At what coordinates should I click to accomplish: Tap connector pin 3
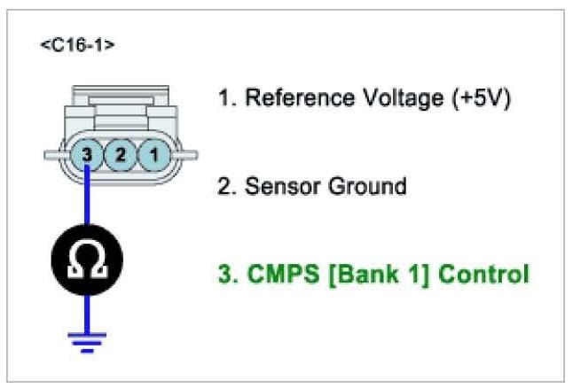point(86,155)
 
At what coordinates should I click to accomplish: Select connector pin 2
point(120,155)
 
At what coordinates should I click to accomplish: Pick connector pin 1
point(153,155)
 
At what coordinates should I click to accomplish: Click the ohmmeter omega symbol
point(86,260)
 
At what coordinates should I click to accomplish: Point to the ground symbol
point(86,340)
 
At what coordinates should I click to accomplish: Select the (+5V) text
point(478,97)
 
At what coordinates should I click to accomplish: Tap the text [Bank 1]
point(379,275)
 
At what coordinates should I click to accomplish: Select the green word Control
point(483,275)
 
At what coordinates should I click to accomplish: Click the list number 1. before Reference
point(226,97)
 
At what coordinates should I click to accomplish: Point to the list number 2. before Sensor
point(226,187)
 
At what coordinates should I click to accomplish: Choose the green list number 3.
point(226,275)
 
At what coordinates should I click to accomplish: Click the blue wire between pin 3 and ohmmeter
point(86,199)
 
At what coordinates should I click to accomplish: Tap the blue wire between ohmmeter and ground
point(86,310)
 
